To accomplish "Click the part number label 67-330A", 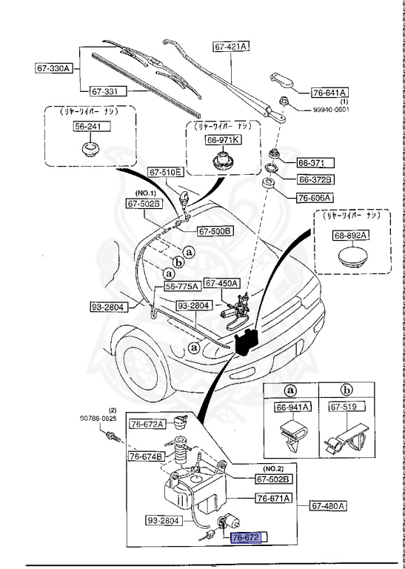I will pos(53,69).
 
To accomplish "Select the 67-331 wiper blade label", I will pos(108,91).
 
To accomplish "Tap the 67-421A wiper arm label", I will pos(231,46).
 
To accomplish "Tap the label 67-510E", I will pos(165,173).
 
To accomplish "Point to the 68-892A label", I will pos(349,235).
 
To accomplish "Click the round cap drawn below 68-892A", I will pos(349,258).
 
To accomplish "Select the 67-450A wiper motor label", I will pos(221,282).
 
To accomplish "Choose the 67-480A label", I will pos(329,506).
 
